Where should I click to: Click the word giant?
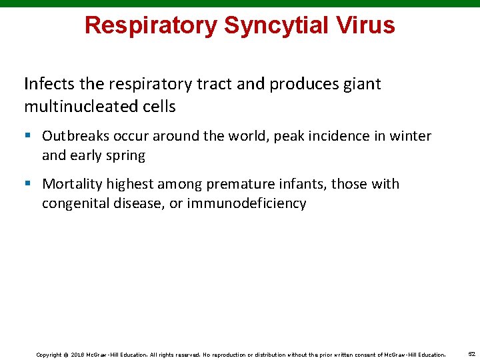tap(361, 84)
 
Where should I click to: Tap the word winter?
tap(411, 136)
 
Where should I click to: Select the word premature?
tap(246, 184)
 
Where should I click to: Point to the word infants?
tap(305, 184)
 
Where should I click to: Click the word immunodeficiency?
tap(246, 203)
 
